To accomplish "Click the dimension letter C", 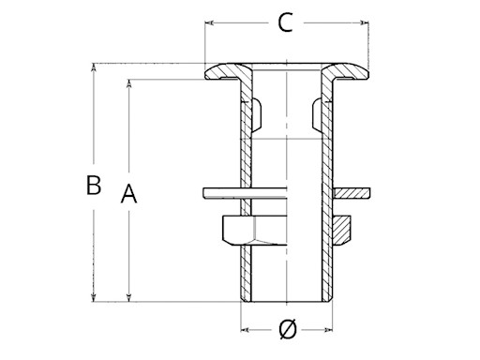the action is pos(285,22).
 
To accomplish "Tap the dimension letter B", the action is pos(94,185).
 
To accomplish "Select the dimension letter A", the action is pos(128,194).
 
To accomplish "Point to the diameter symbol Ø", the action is pos(288,329).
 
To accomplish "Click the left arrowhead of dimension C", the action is pos(209,22).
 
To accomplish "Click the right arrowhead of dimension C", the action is pos(365,22).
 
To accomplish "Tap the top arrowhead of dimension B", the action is pos(93,67).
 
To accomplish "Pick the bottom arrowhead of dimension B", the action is pos(93,297).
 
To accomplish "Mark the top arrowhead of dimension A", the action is pos(128,83).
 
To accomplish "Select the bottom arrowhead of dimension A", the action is pos(128,297).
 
